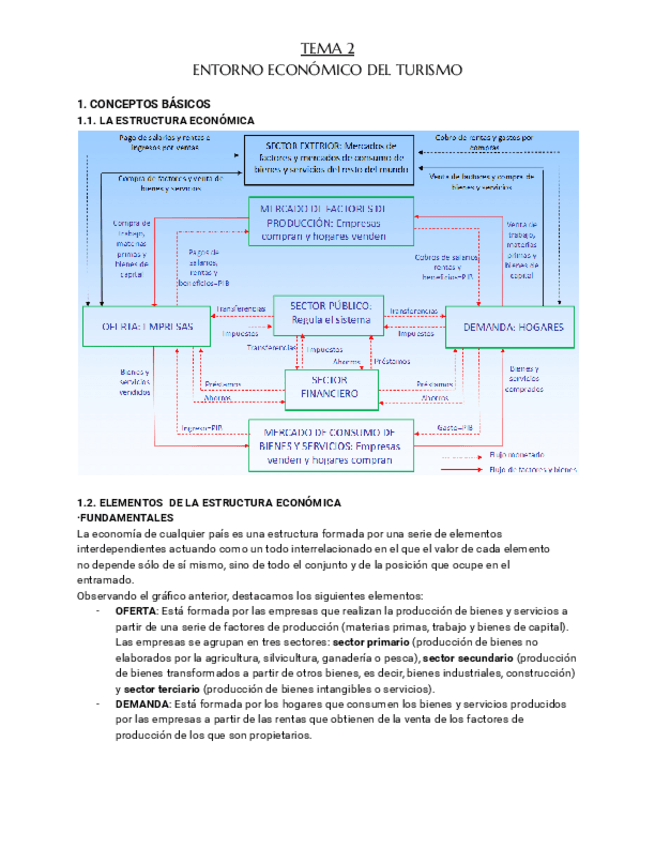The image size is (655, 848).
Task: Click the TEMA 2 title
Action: [327, 49]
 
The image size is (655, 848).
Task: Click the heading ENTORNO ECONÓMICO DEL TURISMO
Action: [327, 71]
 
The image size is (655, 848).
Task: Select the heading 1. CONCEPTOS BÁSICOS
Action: [144, 104]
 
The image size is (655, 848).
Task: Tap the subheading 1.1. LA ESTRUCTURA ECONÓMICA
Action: [159, 120]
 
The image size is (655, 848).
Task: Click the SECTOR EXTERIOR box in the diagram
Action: [329, 156]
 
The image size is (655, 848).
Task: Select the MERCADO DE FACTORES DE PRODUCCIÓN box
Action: [330, 220]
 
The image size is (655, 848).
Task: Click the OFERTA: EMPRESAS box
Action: [147, 327]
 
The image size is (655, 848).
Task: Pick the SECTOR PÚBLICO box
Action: [330, 312]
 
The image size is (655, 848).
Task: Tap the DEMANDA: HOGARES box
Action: [510, 327]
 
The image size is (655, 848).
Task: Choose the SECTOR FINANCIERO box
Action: [330, 387]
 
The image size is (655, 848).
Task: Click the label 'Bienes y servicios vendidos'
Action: [135, 382]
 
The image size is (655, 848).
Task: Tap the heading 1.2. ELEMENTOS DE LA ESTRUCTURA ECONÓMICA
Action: [209, 502]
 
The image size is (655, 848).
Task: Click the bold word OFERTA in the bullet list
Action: [135, 611]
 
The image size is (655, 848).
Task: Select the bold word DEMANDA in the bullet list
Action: [139, 704]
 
